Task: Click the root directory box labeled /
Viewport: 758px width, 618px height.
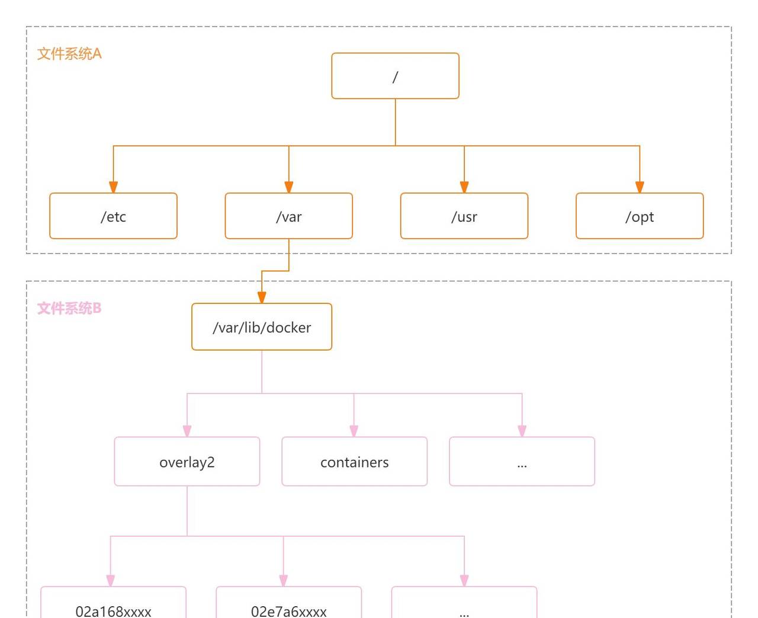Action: point(395,76)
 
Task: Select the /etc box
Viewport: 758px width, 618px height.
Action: point(113,216)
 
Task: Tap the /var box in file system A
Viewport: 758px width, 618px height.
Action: point(288,216)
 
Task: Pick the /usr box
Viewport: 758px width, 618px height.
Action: point(464,216)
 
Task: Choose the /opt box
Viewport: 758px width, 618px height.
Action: point(640,216)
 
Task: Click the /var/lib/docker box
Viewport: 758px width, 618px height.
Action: point(261,327)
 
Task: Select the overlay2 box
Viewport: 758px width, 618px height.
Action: point(187,462)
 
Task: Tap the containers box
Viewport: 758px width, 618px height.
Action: point(354,462)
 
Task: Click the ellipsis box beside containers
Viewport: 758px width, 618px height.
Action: point(522,462)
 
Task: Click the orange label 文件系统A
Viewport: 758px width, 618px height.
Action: point(69,54)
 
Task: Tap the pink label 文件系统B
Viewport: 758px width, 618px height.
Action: point(69,309)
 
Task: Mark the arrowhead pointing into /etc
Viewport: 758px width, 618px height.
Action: point(113,187)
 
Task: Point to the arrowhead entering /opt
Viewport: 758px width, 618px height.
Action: point(640,187)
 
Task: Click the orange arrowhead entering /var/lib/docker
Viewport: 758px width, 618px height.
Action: point(262,297)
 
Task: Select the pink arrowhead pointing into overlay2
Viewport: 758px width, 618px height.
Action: point(187,431)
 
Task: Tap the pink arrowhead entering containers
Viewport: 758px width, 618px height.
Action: point(354,431)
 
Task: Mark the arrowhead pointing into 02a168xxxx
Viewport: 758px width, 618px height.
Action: point(111,581)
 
